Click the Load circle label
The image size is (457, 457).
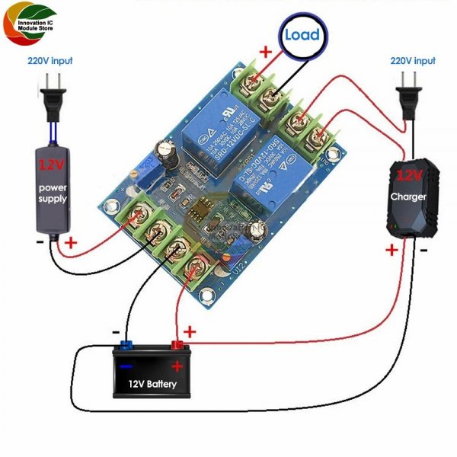(x=302, y=35)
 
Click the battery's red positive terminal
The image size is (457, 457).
(x=180, y=348)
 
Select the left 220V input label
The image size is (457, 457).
(x=51, y=60)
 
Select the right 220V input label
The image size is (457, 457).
(x=413, y=60)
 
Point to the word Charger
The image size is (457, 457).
(x=410, y=196)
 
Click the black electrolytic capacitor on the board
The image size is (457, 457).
(x=168, y=152)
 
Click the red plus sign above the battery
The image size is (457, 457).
(x=190, y=332)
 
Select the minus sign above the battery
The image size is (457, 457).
(x=115, y=333)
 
